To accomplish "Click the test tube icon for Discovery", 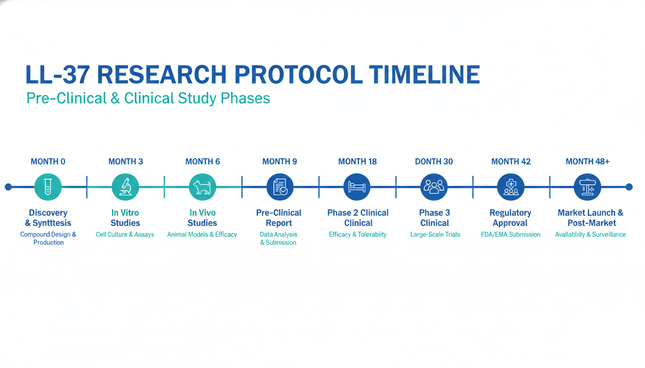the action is click(48, 187).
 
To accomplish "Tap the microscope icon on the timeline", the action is click(125, 187).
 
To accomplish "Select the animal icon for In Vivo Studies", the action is click(203, 187).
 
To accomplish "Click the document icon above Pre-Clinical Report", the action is click(280, 187).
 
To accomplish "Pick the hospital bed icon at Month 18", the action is click(357, 187).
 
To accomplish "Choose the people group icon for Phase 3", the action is click(434, 187).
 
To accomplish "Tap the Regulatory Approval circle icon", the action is click(511, 187).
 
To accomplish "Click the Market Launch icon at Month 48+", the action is click(587, 187).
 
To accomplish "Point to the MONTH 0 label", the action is click(48, 161).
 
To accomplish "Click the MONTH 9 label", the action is click(280, 161).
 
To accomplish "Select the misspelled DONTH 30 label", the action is click(434, 161).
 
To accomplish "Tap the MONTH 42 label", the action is click(511, 161).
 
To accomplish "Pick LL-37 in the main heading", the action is click(57, 74).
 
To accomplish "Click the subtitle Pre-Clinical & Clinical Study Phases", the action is click(148, 98).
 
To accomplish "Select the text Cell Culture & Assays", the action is click(125, 235).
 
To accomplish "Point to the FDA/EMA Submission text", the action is click(511, 235).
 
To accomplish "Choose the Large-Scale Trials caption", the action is click(435, 235).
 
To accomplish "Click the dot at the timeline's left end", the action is click(8, 187).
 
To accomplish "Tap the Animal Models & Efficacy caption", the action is click(202, 235).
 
